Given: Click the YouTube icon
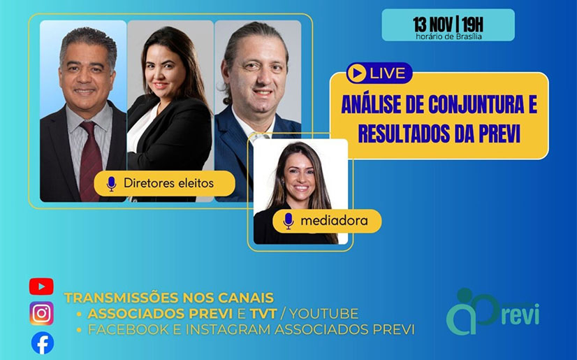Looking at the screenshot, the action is click(x=41, y=287).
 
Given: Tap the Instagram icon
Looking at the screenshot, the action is click(x=42, y=313).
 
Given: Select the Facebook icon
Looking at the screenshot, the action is click(x=43, y=343).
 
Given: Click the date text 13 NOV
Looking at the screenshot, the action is click(x=432, y=24).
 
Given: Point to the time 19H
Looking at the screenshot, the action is click(x=472, y=24).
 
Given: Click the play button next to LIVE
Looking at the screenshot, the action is click(x=356, y=73).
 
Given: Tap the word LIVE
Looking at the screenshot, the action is click(x=388, y=73).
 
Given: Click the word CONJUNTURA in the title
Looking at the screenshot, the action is click(x=476, y=104).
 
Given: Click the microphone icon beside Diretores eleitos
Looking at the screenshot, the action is click(x=111, y=184).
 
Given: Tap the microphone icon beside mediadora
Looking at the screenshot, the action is click(x=288, y=221).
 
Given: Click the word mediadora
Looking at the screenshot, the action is click(x=334, y=220).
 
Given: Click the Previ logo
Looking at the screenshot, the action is click(x=492, y=311).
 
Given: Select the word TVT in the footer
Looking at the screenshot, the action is click(x=263, y=314).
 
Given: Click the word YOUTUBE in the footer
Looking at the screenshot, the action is click(x=324, y=314).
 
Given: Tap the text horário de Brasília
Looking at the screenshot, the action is click(x=448, y=36).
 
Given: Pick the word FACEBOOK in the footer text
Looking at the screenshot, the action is click(x=129, y=329).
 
